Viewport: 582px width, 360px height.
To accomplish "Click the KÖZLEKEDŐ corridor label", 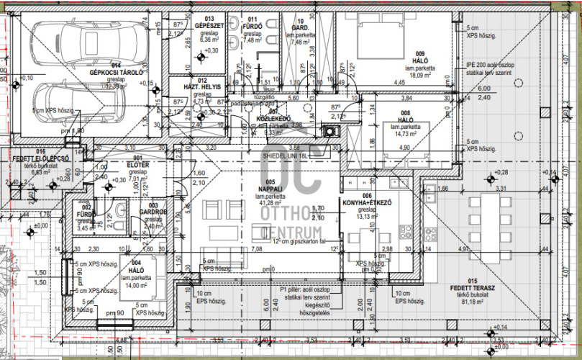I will [x=274, y=119].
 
